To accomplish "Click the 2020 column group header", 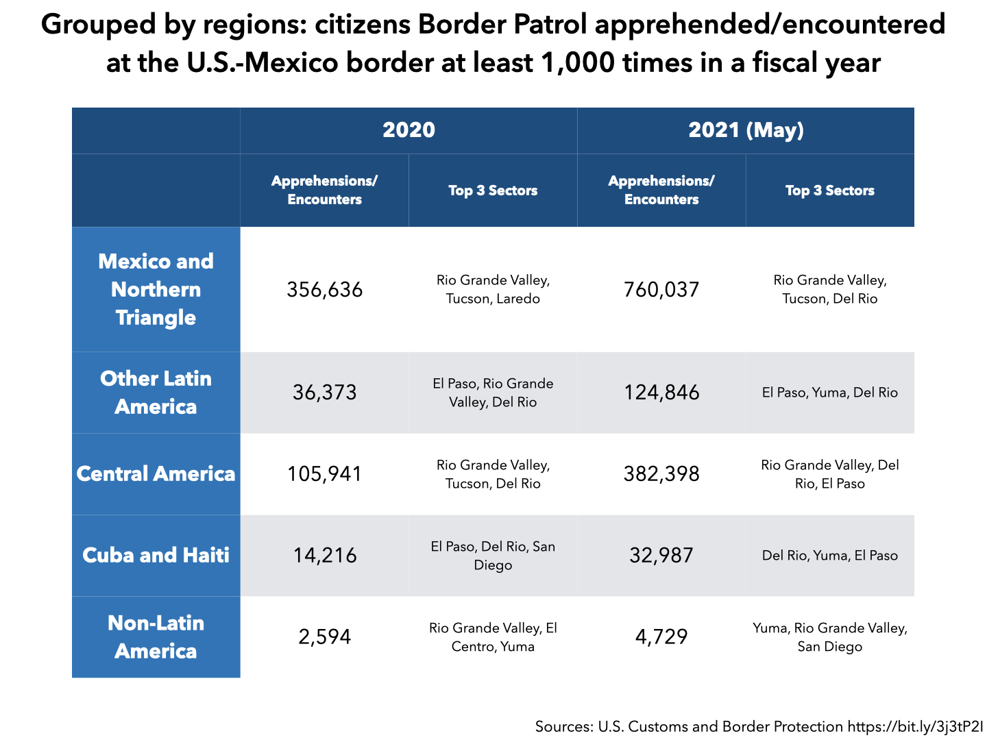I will (x=409, y=130).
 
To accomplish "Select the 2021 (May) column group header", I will (x=746, y=130).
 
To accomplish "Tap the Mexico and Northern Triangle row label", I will (x=156, y=289).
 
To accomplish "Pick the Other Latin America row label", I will (x=156, y=393).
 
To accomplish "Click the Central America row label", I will (x=156, y=473).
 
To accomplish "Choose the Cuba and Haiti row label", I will (x=156, y=555).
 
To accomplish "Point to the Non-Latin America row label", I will (x=156, y=637).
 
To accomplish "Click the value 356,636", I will (x=324, y=290).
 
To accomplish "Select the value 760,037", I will (x=661, y=290).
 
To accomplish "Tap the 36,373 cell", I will (x=324, y=393).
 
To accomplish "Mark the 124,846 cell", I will (x=661, y=393).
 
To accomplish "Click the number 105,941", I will (x=324, y=474).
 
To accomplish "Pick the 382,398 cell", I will (x=661, y=474).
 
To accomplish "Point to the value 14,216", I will (x=324, y=555).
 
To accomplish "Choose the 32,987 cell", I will (x=661, y=555).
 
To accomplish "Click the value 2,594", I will (x=324, y=637).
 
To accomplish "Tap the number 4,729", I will (x=661, y=637).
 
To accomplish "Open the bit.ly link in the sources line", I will (x=915, y=727).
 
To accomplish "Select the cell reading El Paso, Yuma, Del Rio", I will (x=829, y=393).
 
